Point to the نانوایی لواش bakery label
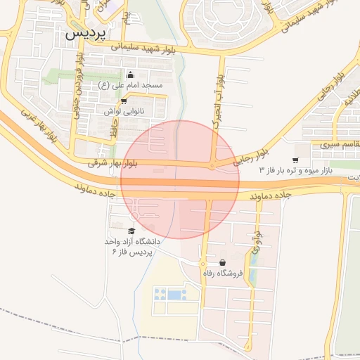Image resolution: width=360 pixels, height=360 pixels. click(124, 111)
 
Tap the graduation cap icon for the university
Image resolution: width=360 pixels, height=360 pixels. click(131, 231)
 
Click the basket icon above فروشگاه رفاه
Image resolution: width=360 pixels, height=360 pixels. click(222, 262)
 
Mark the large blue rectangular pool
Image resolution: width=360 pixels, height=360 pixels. click(174, 295)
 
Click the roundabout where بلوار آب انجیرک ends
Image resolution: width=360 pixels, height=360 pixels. click(211, 167)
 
